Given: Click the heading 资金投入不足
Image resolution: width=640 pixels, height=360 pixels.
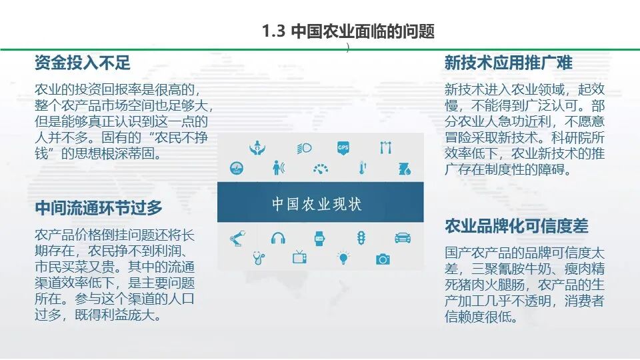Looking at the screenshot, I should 82,63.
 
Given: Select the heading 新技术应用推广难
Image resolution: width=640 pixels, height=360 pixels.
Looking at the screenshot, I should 508,63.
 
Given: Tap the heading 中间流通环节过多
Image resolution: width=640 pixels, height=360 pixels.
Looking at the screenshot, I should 99,208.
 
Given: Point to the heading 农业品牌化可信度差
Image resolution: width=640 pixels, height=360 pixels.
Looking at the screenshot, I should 517,226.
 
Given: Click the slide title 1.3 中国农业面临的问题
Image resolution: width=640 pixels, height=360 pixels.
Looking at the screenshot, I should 348,31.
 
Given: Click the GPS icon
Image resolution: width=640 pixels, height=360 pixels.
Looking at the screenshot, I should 343,148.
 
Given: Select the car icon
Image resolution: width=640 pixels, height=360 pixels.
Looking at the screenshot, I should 402,237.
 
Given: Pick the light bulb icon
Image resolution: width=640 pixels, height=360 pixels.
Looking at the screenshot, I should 343,257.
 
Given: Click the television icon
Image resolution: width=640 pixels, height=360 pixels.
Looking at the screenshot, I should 299,257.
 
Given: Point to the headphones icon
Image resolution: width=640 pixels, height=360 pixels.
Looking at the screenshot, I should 278,237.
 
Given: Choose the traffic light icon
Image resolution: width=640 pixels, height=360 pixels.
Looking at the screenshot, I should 361,237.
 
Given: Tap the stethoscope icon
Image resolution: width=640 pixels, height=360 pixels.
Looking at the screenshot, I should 259,257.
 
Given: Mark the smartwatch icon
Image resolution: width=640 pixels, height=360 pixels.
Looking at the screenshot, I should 319,238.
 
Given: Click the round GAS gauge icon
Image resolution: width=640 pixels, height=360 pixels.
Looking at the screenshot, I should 237,168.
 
